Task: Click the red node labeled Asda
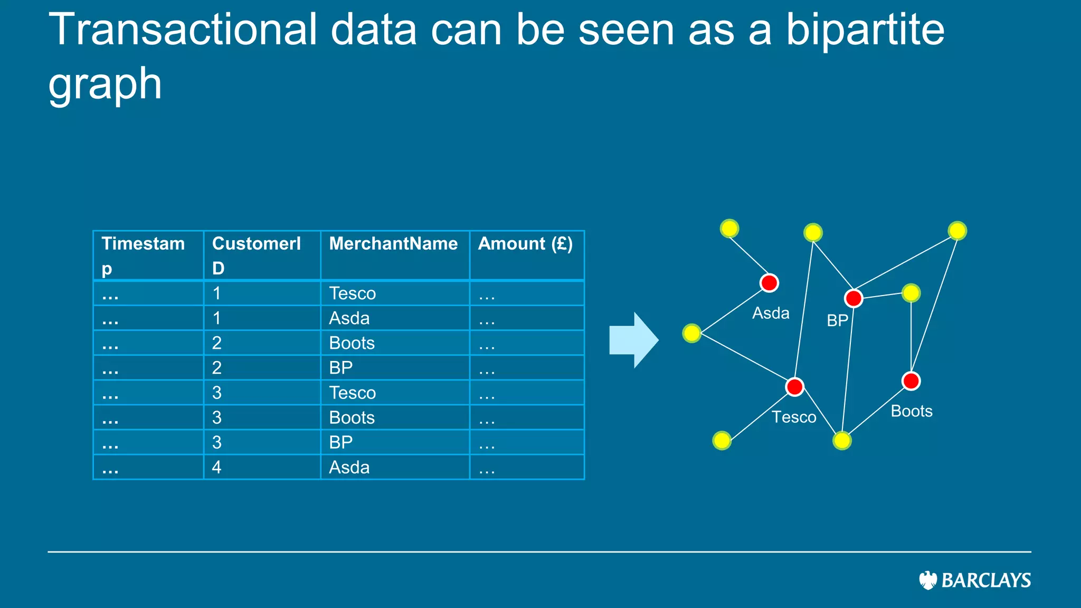pos(769,283)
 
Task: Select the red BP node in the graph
pos(854,298)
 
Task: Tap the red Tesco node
pos(794,387)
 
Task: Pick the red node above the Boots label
pos(911,381)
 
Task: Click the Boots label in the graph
pos(912,411)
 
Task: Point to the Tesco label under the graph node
pos(794,417)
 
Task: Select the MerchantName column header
pos(393,244)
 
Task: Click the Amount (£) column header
pos(525,244)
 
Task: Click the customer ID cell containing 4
pos(217,468)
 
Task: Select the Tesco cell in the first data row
pos(352,293)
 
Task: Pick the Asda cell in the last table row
pos(349,468)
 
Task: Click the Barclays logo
pos(974,580)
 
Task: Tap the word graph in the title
pos(105,84)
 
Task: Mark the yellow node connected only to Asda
pos(729,229)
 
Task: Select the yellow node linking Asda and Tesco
pos(691,333)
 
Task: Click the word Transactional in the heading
pos(183,30)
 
